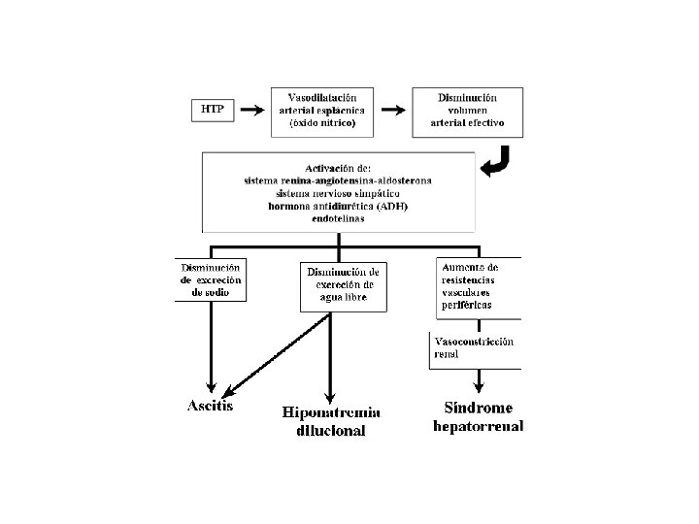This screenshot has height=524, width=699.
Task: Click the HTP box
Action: (x=213, y=110)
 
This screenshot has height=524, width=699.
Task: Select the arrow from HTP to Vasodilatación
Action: (x=252, y=110)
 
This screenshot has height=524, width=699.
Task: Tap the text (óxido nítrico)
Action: (x=322, y=123)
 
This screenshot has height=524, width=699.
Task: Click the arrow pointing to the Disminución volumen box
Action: (x=393, y=110)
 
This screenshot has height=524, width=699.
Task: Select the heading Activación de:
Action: (x=338, y=169)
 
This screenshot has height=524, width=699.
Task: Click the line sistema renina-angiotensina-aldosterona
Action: (x=338, y=180)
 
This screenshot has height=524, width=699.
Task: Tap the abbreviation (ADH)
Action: (x=392, y=207)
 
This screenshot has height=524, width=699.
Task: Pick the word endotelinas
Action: (x=338, y=218)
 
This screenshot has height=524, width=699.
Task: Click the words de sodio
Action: (x=211, y=293)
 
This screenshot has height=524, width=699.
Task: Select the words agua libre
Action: (x=344, y=297)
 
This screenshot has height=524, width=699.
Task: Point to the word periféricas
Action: (x=467, y=306)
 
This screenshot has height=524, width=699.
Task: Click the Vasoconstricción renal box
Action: (x=475, y=350)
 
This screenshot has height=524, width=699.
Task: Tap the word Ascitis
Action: (x=210, y=406)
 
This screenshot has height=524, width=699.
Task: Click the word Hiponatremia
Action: (x=331, y=412)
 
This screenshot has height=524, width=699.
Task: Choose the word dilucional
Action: (x=331, y=431)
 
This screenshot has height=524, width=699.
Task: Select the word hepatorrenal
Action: (x=479, y=426)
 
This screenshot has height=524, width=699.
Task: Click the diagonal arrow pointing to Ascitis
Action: (x=276, y=355)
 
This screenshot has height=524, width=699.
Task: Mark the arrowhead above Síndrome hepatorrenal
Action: (x=479, y=387)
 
